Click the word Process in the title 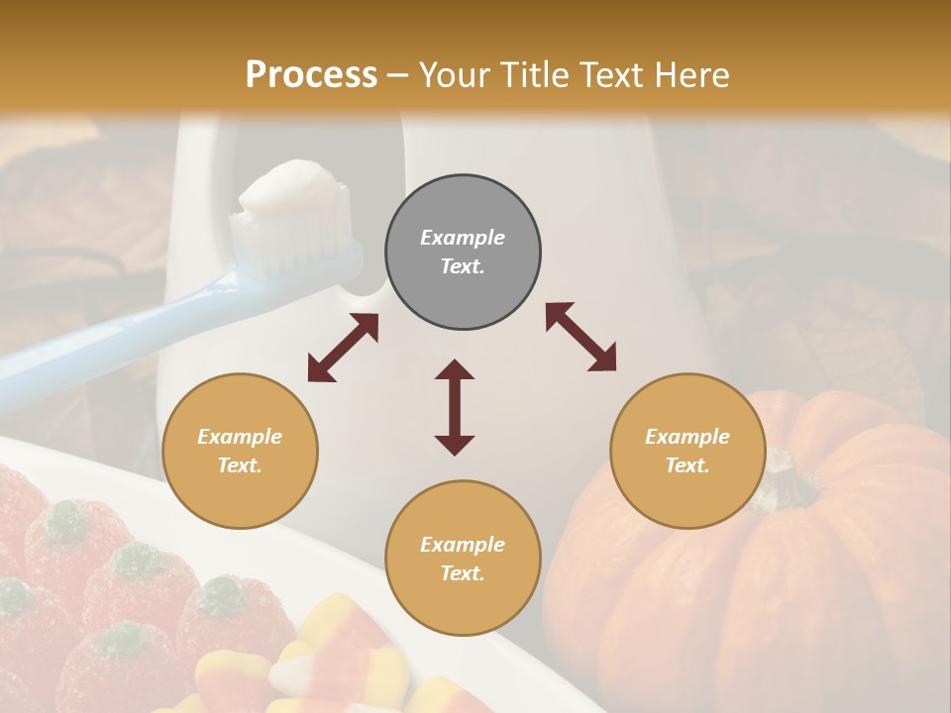[x=311, y=75]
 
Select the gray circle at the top [x=463, y=253]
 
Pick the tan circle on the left [x=240, y=451]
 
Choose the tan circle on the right [x=687, y=451]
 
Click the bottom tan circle [x=463, y=559]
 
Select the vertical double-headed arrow [x=455, y=407]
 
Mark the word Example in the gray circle [x=463, y=238]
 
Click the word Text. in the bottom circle [x=463, y=573]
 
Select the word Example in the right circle [x=687, y=437]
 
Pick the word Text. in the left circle [x=240, y=465]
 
